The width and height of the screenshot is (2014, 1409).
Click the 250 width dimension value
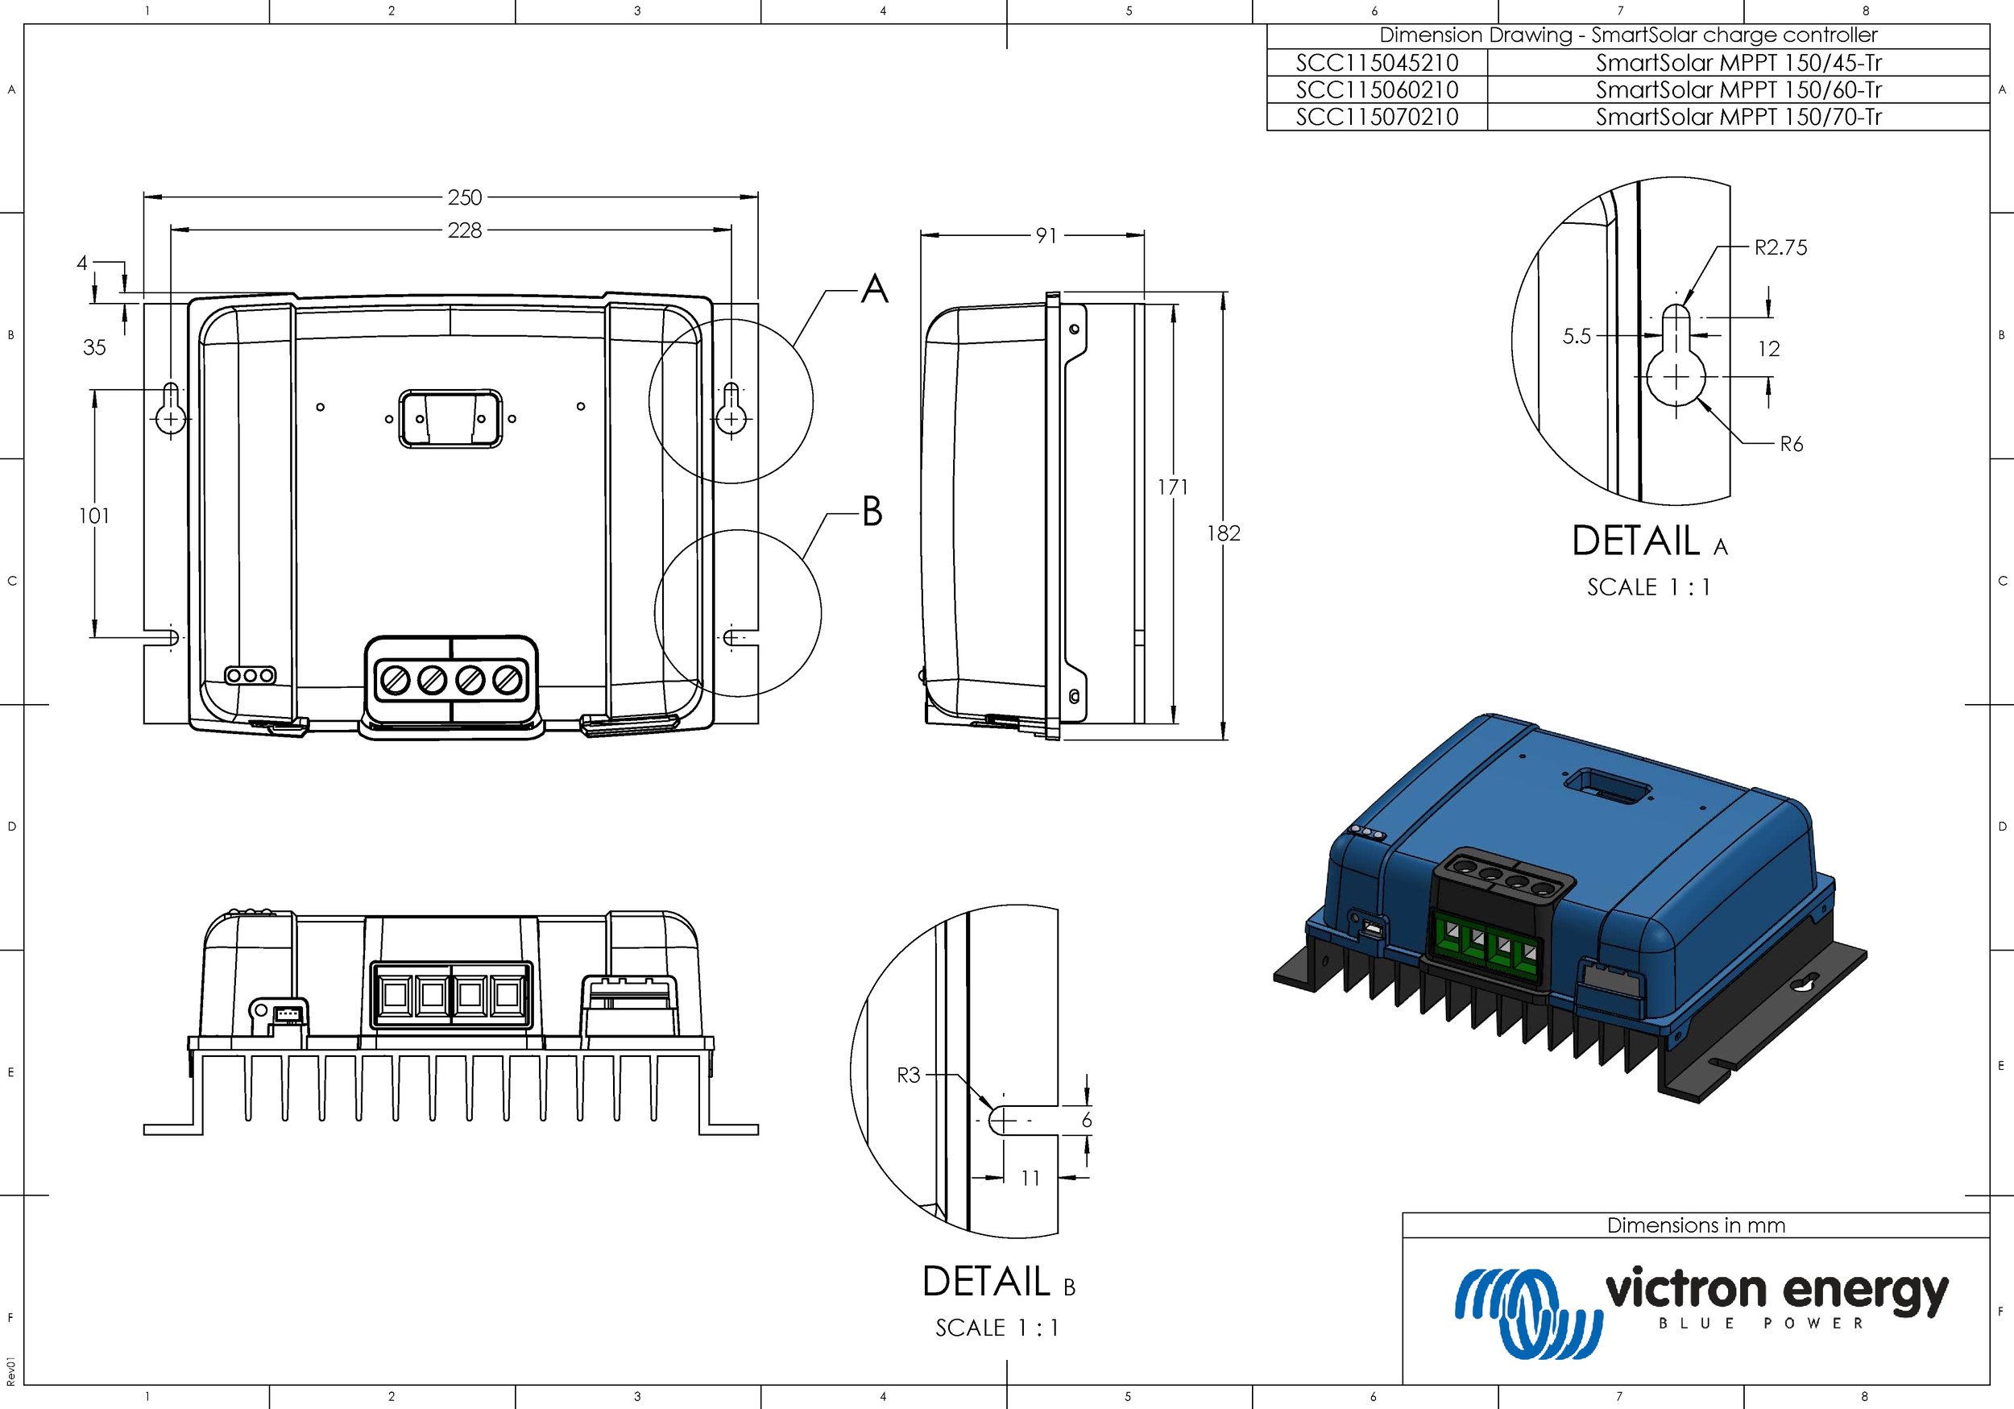[464, 197]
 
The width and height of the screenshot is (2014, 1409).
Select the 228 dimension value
[464, 230]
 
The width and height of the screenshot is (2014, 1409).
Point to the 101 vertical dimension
[94, 516]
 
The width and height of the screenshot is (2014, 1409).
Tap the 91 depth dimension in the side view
[1046, 235]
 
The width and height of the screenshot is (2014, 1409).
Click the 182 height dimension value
[1223, 533]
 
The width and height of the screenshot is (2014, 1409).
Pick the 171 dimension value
[1172, 487]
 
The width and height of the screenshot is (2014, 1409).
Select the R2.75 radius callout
[1780, 247]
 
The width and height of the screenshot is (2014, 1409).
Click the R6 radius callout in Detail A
[1790, 444]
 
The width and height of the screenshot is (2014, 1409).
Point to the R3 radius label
[908, 1075]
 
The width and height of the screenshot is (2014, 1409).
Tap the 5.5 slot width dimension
[1576, 336]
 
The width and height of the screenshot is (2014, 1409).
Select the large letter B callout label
[871, 512]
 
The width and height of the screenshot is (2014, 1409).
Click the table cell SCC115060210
[1376, 89]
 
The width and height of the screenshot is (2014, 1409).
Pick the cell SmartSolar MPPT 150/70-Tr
[1738, 117]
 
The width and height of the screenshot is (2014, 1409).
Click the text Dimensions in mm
[1695, 1225]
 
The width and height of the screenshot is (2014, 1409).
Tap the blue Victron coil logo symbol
[1527, 1312]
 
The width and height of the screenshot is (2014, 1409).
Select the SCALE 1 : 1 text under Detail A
[1648, 587]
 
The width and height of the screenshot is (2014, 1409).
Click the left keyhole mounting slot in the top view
[170, 407]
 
